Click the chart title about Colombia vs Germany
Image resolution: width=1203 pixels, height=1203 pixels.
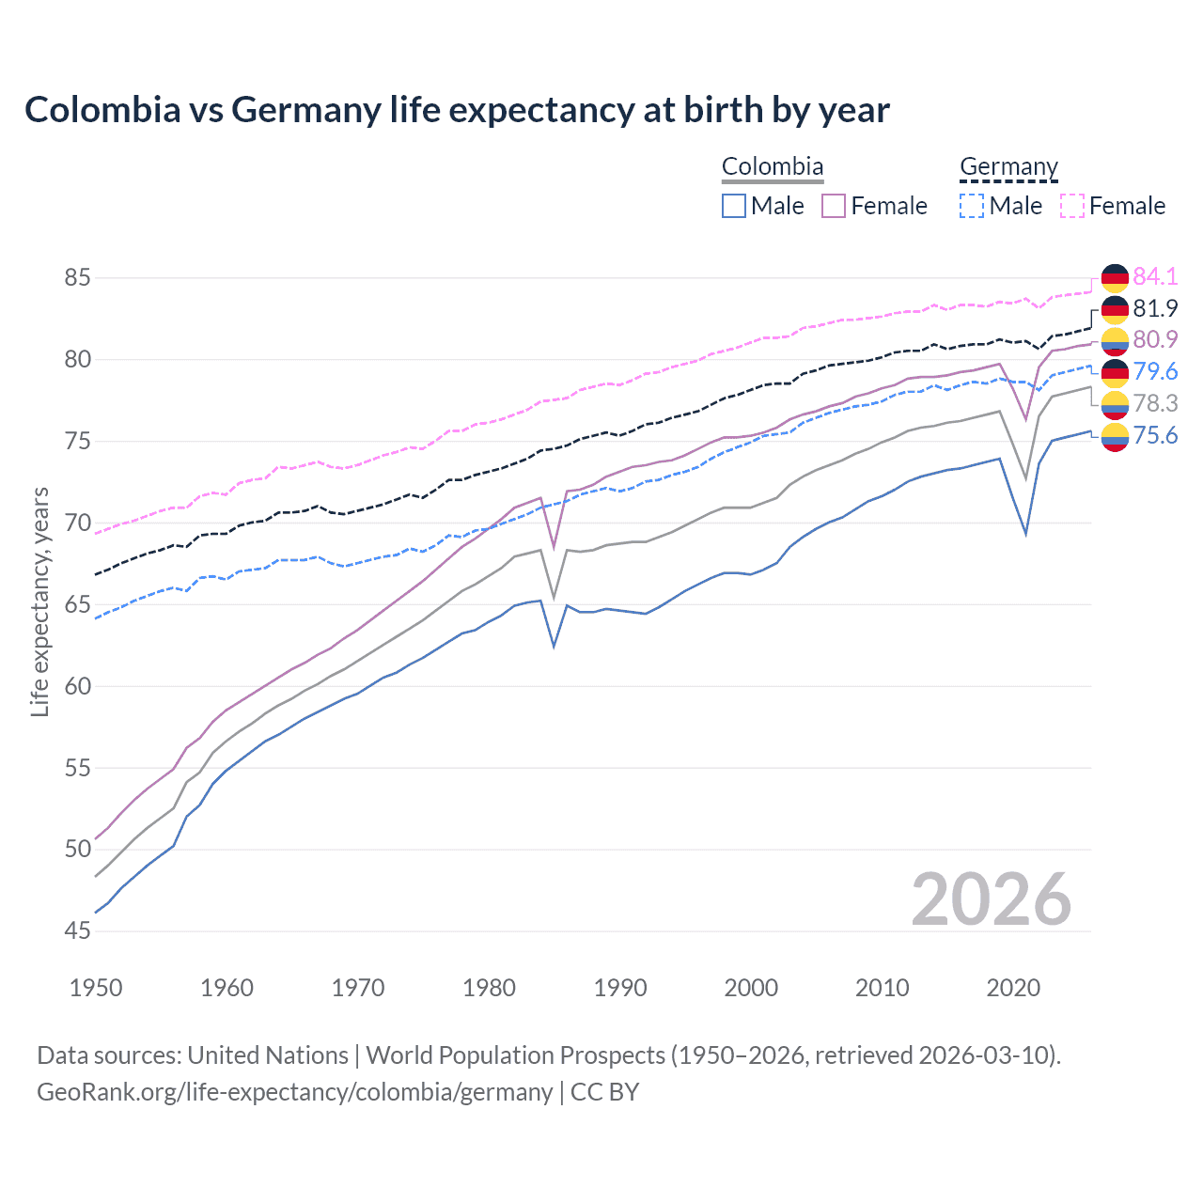pyautogui.click(x=457, y=110)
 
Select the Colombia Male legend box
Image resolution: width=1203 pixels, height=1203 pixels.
pyautogui.click(x=734, y=206)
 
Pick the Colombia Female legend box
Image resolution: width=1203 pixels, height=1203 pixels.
pyautogui.click(x=834, y=206)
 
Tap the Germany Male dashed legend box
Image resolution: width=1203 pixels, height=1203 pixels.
pyautogui.click(x=972, y=206)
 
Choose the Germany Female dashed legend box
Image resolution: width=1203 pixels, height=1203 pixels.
pyautogui.click(x=1071, y=206)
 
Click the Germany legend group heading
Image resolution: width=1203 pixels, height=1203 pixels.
pyautogui.click(x=1008, y=166)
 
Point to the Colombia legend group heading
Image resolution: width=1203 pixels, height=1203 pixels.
pyautogui.click(x=773, y=166)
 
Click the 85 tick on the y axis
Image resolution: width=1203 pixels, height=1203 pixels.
pyautogui.click(x=77, y=278)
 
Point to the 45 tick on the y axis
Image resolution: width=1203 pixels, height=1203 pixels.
pyautogui.click(x=77, y=931)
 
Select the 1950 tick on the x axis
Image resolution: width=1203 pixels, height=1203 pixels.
pyautogui.click(x=96, y=988)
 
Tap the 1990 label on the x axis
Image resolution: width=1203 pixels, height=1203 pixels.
pyautogui.click(x=620, y=988)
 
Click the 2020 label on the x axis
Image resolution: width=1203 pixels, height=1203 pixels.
pyautogui.click(x=1013, y=988)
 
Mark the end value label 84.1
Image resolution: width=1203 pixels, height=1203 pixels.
pyautogui.click(x=1155, y=276)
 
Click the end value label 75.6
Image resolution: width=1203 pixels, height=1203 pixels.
pyautogui.click(x=1155, y=435)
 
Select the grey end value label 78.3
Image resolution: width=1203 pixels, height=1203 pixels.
pyautogui.click(x=1155, y=403)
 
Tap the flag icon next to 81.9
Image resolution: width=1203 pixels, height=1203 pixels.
pyautogui.click(x=1115, y=308)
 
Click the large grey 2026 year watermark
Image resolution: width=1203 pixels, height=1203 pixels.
pyautogui.click(x=991, y=899)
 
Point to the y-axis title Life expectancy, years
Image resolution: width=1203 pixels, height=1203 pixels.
pyautogui.click(x=40, y=601)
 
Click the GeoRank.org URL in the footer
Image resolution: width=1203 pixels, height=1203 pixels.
pyautogui.click(x=294, y=1092)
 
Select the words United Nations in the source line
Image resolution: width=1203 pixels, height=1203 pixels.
pyautogui.click(x=267, y=1055)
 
